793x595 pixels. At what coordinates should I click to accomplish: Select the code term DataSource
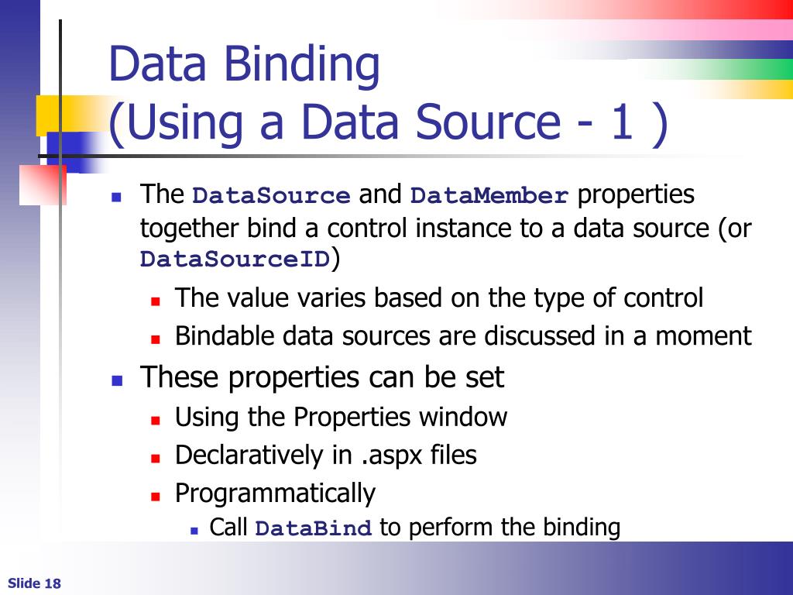tap(271, 196)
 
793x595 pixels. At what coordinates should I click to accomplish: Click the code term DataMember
tap(489, 196)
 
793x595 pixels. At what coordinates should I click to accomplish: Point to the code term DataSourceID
tap(235, 260)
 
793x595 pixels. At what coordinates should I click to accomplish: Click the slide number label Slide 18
tap(34, 583)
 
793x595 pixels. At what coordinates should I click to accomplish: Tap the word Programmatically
tap(275, 494)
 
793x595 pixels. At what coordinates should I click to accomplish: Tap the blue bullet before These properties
tap(117, 380)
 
